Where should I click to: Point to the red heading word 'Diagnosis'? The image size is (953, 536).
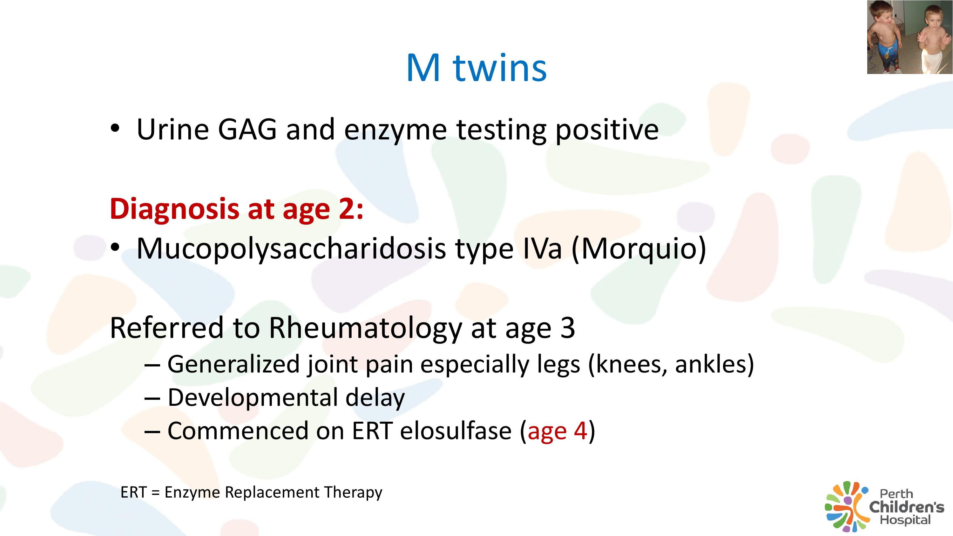tap(175, 209)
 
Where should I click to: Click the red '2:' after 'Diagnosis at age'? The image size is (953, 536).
tap(350, 209)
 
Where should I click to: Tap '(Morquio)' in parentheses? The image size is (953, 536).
tap(639, 249)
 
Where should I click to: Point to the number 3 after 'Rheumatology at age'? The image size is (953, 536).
tap(567, 328)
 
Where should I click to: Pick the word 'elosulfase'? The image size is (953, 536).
tap(456, 431)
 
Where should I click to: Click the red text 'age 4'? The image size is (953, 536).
tap(558, 431)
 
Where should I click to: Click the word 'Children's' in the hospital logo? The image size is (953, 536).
tap(906, 507)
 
